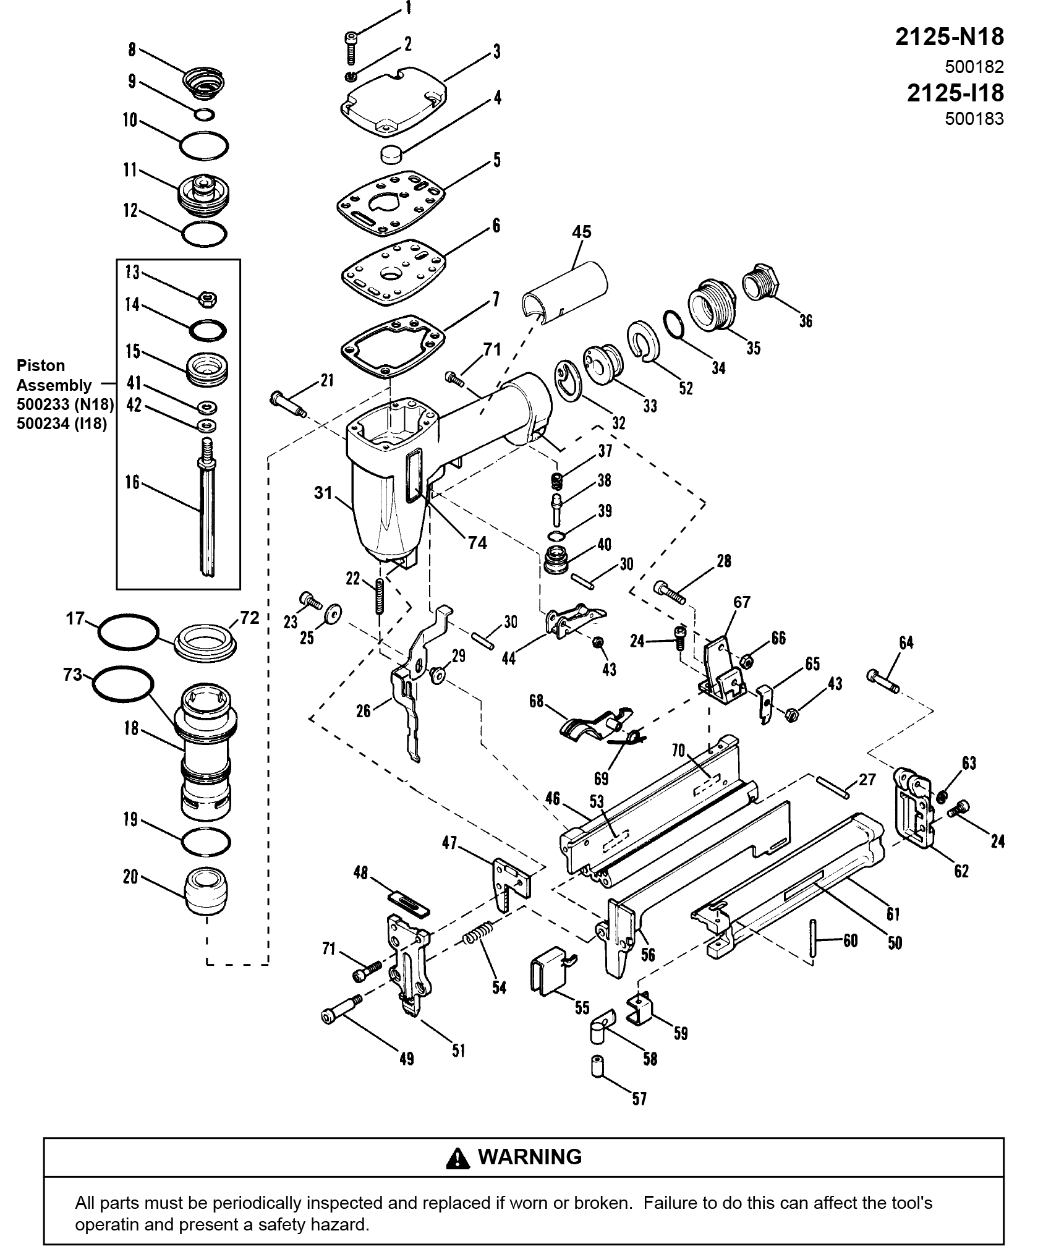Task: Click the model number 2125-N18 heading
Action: coord(949,38)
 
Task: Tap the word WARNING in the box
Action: coord(530,1156)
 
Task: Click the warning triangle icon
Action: coord(458,1157)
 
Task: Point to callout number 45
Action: coord(581,232)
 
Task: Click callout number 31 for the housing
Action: coord(323,493)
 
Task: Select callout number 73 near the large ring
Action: coord(72,674)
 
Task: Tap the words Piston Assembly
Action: coord(53,375)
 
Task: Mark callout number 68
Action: coord(536,701)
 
